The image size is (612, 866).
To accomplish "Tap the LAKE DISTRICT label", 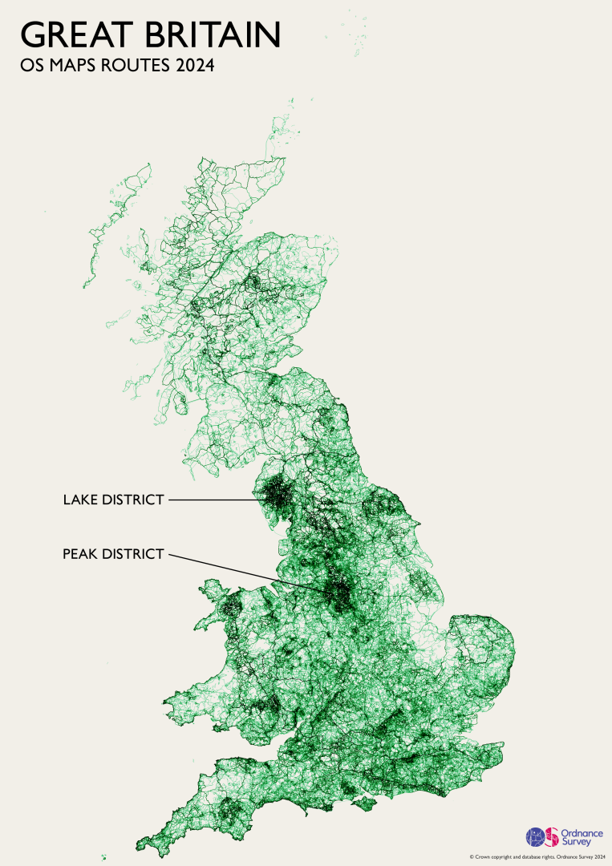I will pyautogui.click(x=113, y=500).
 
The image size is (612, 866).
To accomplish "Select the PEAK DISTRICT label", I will pyautogui.click(x=113, y=553).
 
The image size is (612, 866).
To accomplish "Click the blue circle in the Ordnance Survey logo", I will pyautogui.click(x=534, y=837).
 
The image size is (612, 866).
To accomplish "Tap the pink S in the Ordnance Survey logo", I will pyautogui.click(x=552, y=837).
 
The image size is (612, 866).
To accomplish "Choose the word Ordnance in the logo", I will pyautogui.click(x=578, y=832).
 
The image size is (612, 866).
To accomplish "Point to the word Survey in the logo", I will pyautogui.click(x=574, y=842).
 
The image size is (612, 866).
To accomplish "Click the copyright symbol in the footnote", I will pyautogui.click(x=472, y=856).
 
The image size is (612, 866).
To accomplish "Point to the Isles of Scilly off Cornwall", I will pyautogui.click(x=103, y=858).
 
